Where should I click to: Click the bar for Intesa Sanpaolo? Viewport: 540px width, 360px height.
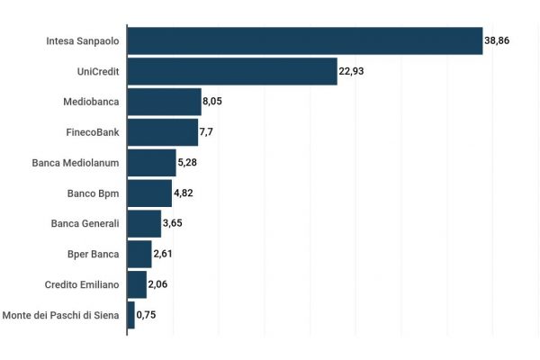[x=305, y=41]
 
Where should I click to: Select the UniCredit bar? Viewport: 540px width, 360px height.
[x=232, y=71]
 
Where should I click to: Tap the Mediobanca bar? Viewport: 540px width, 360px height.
[x=164, y=102]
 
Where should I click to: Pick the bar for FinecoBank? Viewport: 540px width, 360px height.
[x=163, y=132]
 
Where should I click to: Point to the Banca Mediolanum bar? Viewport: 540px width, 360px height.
[x=152, y=163]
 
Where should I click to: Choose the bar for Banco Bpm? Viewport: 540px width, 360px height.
[x=149, y=193]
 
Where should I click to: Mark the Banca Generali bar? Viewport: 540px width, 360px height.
[x=144, y=224]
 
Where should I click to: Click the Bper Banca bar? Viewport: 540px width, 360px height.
[x=139, y=255]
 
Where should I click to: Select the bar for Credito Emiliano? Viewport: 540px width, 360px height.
[x=137, y=285]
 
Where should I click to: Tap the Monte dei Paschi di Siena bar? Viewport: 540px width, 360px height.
[x=131, y=315]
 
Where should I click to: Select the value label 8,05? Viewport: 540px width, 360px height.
[x=212, y=102]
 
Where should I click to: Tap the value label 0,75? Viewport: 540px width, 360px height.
[x=146, y=315]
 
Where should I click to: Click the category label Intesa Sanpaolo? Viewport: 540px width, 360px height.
[x=82, y=41]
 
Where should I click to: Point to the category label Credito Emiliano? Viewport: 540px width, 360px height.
[x=82, y=285]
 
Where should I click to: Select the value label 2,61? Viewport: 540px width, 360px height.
[x=163, y=255]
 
